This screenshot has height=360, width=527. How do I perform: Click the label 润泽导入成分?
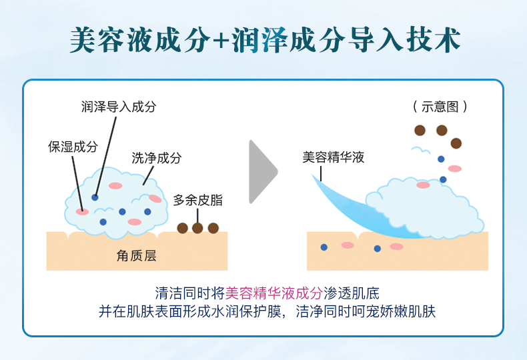[119, 107]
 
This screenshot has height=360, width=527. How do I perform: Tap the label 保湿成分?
[73, 147]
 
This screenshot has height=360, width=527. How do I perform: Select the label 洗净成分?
[157, 157]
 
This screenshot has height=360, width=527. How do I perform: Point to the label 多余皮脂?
[197, 200]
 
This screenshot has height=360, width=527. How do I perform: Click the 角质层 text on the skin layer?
[137, 256]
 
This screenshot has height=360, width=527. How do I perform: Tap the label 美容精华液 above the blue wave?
[334, 157]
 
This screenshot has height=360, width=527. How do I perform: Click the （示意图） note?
[440, 107]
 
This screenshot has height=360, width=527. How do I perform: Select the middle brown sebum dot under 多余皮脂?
[197, 228]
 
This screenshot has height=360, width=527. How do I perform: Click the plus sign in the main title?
[221, 41]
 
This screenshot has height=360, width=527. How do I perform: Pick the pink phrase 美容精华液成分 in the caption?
[274, 293]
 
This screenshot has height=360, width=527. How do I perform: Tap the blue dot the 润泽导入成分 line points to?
[95, 197]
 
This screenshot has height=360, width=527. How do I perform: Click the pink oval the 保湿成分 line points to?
[82, 211]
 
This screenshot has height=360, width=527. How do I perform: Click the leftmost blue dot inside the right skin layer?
[324, 247]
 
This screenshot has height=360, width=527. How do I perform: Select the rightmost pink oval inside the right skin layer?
[397, 247]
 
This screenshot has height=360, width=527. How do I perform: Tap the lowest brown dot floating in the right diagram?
[456, 143]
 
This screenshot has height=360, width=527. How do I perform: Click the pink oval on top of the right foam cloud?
[423, 185]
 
